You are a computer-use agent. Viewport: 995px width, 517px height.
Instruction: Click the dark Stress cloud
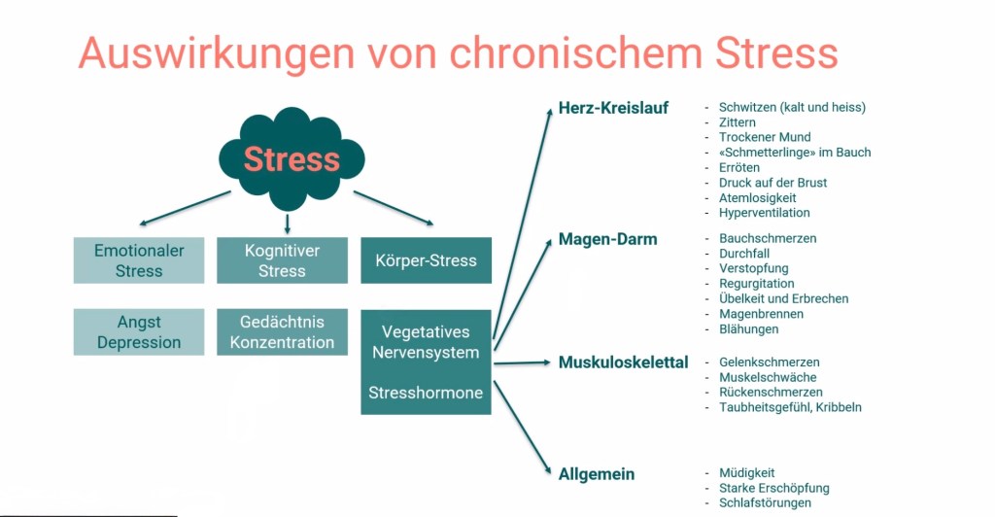tap(291, 158)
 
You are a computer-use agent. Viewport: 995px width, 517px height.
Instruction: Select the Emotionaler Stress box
tap(139, 260)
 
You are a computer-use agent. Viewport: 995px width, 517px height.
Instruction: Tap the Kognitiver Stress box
tap(282, 260)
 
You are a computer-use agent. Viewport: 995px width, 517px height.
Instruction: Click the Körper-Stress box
tap(426, 260)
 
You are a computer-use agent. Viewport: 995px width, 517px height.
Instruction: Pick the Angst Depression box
tap(139, 332)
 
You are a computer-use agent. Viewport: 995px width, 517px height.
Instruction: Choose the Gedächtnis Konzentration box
tap(282, 332)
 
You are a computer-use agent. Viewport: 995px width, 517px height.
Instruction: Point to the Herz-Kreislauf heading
tap(613, 108)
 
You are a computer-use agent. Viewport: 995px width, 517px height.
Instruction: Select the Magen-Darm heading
tap(607, 239)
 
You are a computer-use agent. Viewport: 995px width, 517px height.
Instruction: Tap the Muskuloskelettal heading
tap(623, 362)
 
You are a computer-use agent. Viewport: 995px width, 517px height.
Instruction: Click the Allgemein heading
tap(596, 474)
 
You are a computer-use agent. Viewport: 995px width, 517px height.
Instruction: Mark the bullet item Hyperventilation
tap(764, 213)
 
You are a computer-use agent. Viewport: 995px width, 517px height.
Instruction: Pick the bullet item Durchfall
tap(744, 253)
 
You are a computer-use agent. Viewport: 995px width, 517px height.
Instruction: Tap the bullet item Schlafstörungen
tap(764, 503)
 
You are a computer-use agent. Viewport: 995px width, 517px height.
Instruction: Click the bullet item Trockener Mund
tap(765, 137)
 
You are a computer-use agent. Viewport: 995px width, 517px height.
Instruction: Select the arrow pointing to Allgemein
tap(521, 428)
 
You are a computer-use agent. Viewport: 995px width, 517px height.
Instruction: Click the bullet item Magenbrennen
tap(761, 314)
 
